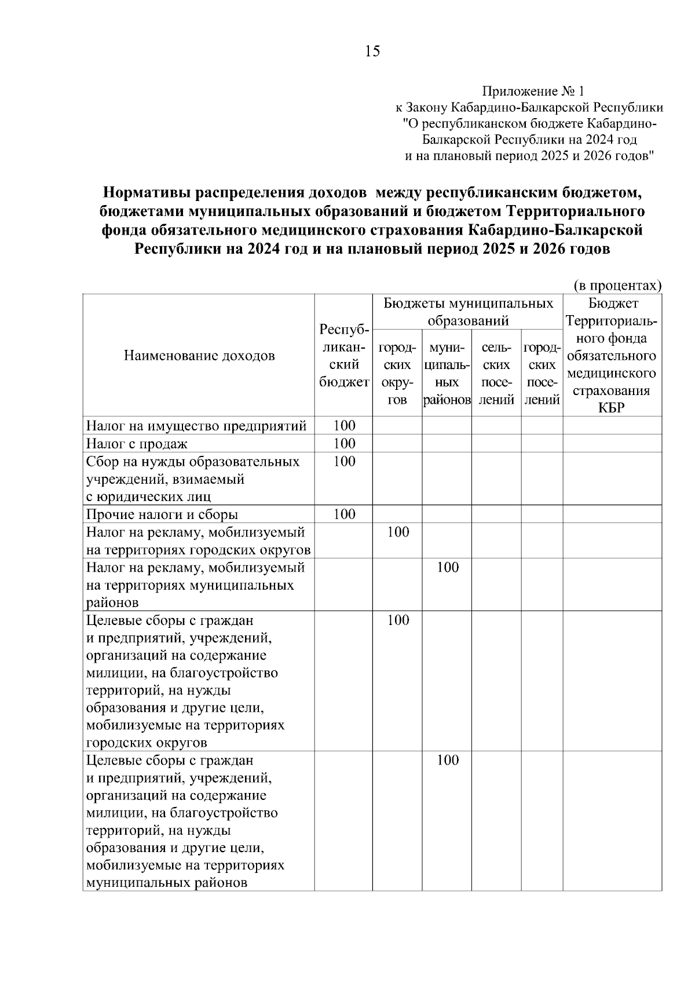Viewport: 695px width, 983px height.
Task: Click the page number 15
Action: pyautogui.click(x=372, y=52)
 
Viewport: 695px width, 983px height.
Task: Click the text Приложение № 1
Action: pyautogui.click(x=533, y=92)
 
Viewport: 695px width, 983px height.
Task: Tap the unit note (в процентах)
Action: pyautogui.click(x=617, y=286)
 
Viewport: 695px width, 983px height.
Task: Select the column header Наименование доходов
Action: pyautogui.click(x=199, y=356)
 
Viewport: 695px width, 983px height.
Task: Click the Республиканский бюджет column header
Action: pyautogui.click(x=343, y=356)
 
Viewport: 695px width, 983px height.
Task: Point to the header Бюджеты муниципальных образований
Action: pyautogui.click(x=468, y=312)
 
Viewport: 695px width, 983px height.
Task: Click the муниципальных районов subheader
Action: pyautogui.click(x=447, y=374)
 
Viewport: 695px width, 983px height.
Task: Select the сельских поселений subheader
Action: pyautogui.click(x=496, y=374)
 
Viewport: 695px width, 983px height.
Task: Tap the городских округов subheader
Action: pyautogui.click(x=397, y=374)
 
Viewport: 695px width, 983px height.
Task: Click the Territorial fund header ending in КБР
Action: pyautogui.click(x=612, y=356)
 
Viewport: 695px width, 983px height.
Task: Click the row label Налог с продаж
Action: pyautogui.click(x=137, y=444)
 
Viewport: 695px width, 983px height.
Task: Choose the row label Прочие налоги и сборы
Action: pyautogui.click(x=162, y=514)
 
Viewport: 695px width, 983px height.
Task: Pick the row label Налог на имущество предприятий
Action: pyautogui.click(x=196, y=426)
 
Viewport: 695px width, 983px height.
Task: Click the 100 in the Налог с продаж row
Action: pyautogui.click(x=344, y=444)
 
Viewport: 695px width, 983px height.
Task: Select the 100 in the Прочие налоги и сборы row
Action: pyautogui.click(x=344, y=514)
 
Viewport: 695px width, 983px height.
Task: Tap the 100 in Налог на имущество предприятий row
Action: pyautogui.click(x=344, y=426)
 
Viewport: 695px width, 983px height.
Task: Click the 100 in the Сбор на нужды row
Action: pyautogui.click(x=344, y=462)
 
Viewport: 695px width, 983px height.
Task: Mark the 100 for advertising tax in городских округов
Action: pyautogui.click(x=398, y=532)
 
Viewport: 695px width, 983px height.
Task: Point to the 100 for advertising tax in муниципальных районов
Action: pyautogui.click(x=447, y=568)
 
